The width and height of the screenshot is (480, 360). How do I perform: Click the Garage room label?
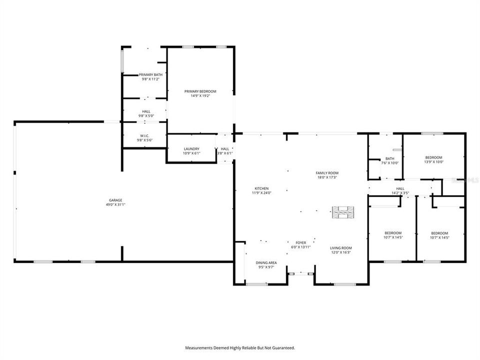(116, 200)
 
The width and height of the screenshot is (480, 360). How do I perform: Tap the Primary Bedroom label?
(200, 91)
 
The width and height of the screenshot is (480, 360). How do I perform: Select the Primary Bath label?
(150, 74)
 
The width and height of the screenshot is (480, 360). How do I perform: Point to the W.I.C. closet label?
(144, 135)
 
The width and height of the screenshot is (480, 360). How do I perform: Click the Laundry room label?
(191, 148)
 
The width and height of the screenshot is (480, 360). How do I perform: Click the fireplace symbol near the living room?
(343, 212)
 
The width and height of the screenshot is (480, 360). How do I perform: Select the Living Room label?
(341, 248)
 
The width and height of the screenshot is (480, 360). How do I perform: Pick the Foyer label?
(300, 242)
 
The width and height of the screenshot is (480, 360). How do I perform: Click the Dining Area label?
(266, 262)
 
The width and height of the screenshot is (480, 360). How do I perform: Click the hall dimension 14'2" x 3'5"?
(400, 192)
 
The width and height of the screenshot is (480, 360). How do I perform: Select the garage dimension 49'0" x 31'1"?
(116, 204)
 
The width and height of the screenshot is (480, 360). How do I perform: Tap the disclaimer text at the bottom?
(240, 347)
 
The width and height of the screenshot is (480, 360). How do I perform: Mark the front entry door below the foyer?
(300, 273)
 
